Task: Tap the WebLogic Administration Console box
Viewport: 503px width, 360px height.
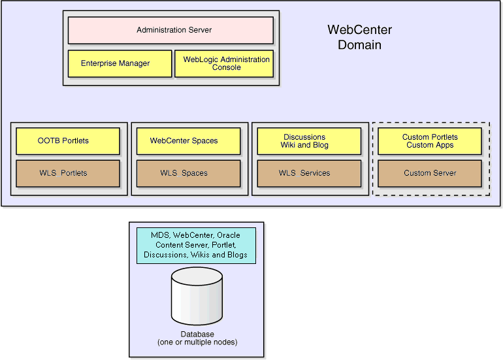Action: pos(224,63)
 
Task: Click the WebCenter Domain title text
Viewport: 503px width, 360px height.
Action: pos(359,37)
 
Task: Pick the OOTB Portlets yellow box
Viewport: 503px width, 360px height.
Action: pos(67,140)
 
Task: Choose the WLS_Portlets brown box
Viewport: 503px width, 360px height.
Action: pos(67,173)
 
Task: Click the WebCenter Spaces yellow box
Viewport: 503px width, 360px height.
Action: pos(188,140)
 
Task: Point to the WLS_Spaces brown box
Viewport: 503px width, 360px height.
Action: pos(188,173)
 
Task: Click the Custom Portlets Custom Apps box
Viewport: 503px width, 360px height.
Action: pos(429,140)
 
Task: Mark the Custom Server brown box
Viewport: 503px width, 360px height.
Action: pos(429,173)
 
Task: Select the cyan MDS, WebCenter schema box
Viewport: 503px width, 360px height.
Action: pos(196,245)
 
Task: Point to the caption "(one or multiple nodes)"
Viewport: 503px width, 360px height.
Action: pos(197,342)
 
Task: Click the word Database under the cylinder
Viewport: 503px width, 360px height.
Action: pos(197,335)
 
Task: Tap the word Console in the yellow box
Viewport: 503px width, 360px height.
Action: pos(227,67)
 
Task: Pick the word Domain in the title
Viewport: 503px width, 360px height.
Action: pos(359,45)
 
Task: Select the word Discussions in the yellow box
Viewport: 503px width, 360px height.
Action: pos(304,137)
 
